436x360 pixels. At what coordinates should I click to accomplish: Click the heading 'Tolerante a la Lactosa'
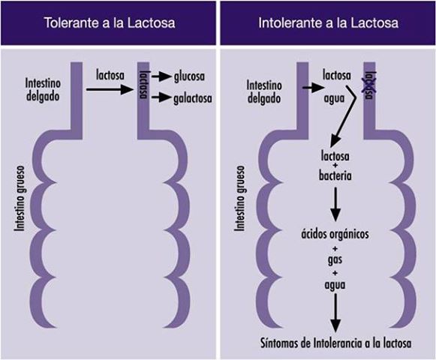click(x=110, y=23)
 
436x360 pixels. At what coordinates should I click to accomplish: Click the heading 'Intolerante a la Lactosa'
click(x=327, y=23)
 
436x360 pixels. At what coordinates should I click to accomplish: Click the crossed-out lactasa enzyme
click(x=368, y=86)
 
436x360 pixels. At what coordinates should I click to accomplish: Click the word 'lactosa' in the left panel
click(x=111, y=75)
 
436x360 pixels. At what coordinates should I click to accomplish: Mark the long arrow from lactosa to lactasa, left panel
click(x=110, y=89)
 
